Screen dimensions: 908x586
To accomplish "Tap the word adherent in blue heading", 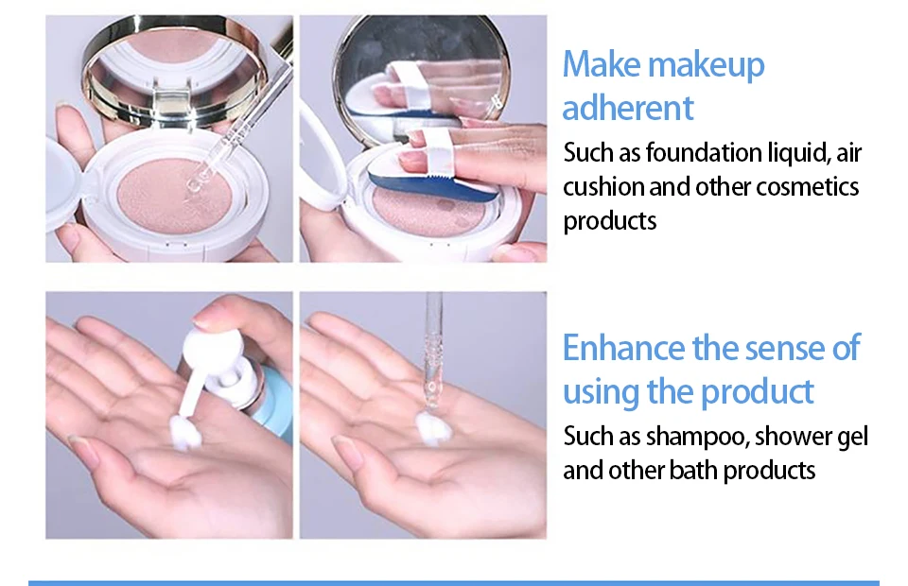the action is click(628, 108).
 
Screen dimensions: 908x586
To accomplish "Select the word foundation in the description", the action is click(704, 153).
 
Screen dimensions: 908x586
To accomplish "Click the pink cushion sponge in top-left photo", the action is click(174, 196).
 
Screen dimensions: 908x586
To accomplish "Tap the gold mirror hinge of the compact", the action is click(173, 104).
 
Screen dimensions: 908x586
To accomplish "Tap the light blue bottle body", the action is click(276, 399).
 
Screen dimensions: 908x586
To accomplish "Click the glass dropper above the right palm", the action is click(432, 347).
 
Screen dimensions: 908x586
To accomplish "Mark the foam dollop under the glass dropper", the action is click(431, 427).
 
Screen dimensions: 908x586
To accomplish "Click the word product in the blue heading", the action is click(758, 393).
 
